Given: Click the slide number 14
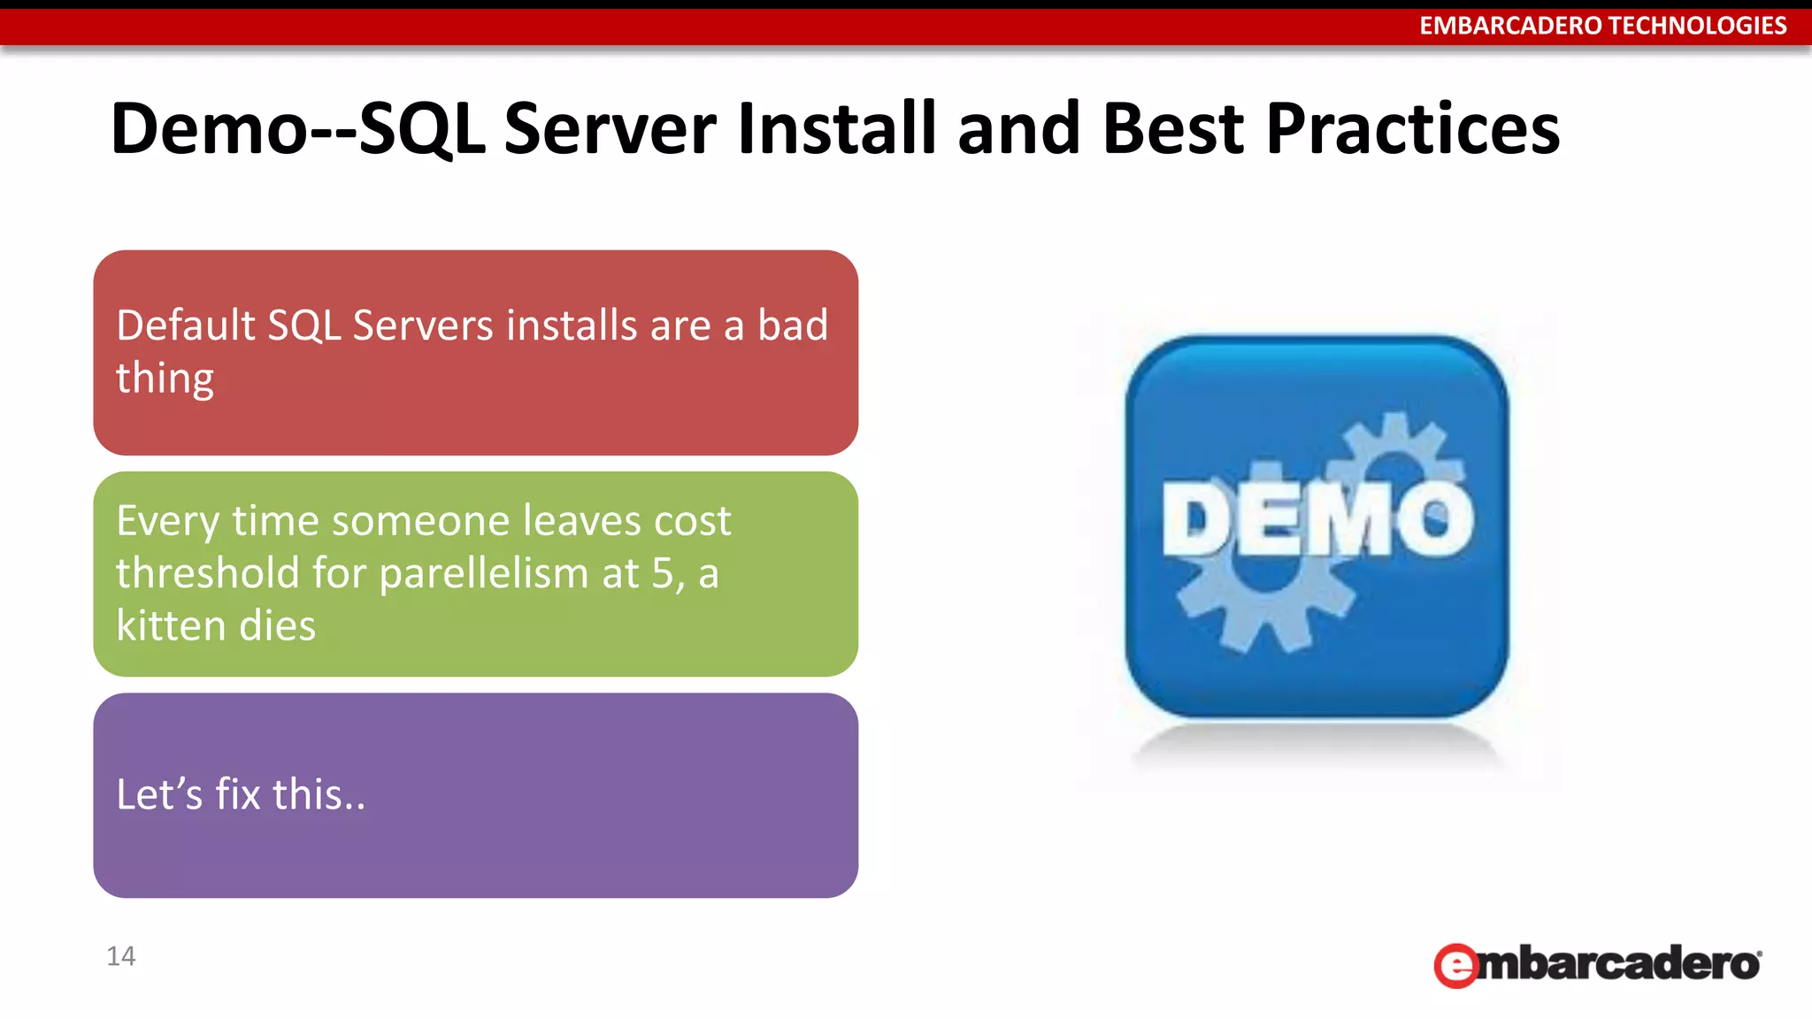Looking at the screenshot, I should [120, 956].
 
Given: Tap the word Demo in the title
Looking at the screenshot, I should [207, 129].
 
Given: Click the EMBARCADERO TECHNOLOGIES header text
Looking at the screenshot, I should [1602, 26].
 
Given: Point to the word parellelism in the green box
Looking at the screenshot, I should [484, 573].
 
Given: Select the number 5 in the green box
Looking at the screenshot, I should [663, 573].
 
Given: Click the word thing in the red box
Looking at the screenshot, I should [165, 379].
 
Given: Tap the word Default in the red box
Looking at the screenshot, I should [186, 326].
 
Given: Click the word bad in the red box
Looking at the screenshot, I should [792, 326].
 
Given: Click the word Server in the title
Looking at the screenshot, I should [610, 129].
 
